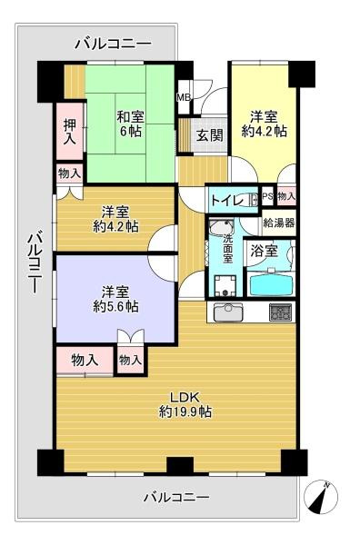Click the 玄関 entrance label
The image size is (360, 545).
[210, 134]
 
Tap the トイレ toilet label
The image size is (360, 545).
[226, 201]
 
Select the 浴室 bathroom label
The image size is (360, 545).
[265, 251]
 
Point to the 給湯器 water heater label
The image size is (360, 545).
[279, 223]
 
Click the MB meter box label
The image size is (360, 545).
[184, 98]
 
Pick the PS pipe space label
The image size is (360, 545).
[268, 196]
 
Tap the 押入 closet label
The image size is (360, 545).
[70, 132]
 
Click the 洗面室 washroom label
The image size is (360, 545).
[227, 249]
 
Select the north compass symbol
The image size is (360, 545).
[321, 496]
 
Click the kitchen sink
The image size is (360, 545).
[228, 312]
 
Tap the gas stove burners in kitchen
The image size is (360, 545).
[280, 312]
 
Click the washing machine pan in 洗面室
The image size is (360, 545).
[225, 286]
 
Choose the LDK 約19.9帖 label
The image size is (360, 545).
[185, 404]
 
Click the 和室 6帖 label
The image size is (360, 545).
[130, 124]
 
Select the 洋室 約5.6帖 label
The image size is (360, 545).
[115, 299]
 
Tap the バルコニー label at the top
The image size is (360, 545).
[114, 45]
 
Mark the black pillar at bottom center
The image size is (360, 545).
[180, 466]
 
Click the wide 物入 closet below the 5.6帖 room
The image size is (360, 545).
[85, 361]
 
